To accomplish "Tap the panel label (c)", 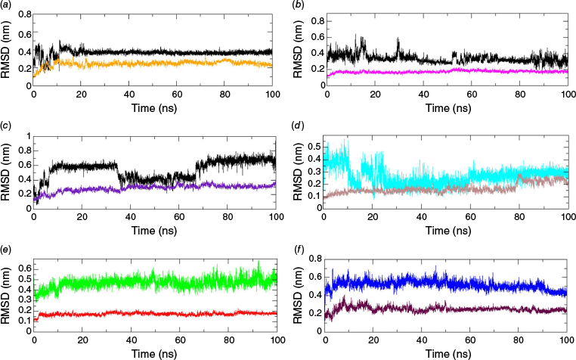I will pyautogui.click(x=7, y=127).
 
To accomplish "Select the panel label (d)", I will pyautogui.click(x=299, y=127).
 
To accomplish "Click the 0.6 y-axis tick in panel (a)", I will pyautogui.click(x=23, y=34).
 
